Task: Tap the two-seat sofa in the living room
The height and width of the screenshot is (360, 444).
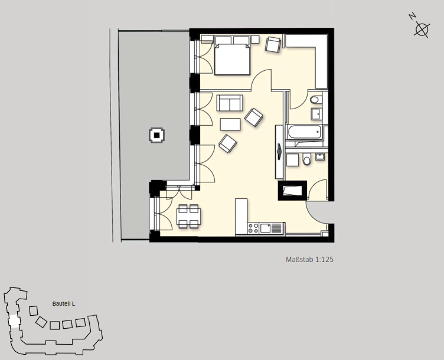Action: pyautogui.click(x=230, y=103)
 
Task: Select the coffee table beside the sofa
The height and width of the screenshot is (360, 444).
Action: pyautogui.click(x=230, y=125)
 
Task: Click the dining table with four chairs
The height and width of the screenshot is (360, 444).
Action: pyautogui.click(x=189, y=216)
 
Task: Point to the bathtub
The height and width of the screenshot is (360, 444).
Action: pyautogui.click(x=305, y=132)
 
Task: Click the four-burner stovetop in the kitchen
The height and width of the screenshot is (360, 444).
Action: pyautogui.click(x=253, y=228)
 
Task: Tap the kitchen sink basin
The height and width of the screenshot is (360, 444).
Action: pyautogui.click(x=266, y=228)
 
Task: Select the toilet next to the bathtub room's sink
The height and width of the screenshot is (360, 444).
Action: pyautogui.click(x=315, y=100)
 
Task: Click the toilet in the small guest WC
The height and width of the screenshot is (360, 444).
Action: pyautogui.click(x=306, y=159)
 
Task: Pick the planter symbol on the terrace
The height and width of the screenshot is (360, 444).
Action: pyautogui.click(x=156, y=135)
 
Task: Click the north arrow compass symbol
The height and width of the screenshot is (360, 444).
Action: pyautogui.click(x=422, y=29)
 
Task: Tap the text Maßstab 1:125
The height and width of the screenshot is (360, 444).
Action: pyautogui.click(x=309, y=259)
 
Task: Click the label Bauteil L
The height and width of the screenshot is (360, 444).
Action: pyautogui.click(x=64, y=304)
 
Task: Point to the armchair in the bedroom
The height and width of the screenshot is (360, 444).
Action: pyautogui.click(x=273, y=45)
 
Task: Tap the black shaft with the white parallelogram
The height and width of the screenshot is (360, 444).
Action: pyautogui.click(x=292, y=191)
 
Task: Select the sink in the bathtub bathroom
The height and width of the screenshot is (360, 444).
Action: pyautogui.click(x=316, y=114)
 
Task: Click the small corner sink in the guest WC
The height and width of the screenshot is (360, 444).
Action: pyautogui.click(x=320, y=156)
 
